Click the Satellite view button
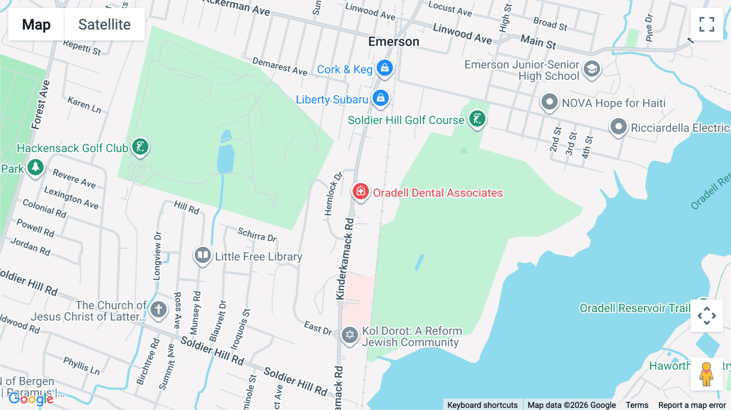tap(104, 24)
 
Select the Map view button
tap(36, 24)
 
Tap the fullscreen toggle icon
tap(707, 24)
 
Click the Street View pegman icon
tap(707, 374)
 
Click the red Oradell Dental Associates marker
tap(361, 191)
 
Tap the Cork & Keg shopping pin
tap(385, 68)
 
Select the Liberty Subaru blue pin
tap(381, 98)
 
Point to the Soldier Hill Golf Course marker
tap(477, 119)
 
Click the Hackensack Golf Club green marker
tap(141, 147)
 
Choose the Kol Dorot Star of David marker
tap(350, 335)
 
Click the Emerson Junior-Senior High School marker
tap(592, 69)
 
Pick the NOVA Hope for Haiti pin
tap(549, 102)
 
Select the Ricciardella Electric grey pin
tap(619, 127)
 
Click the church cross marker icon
tap(158, 309)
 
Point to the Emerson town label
tap(394, 41)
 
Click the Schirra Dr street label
tap(257, 235)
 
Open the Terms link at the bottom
tap(637, 405)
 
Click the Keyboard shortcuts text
tap(482, 405)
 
